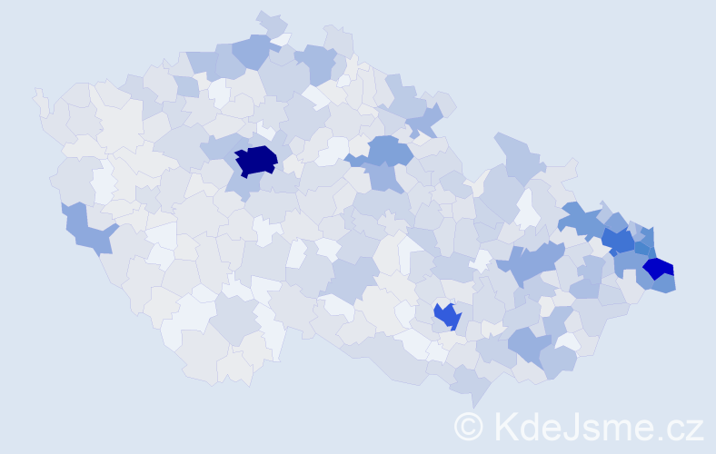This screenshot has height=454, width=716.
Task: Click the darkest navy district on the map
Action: click(255, 160)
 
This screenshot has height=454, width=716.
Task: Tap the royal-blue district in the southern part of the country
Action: click(448, 316)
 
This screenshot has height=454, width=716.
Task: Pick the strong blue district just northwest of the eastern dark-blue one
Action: click(619, 241)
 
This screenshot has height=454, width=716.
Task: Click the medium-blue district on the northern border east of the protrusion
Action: click(315, 61)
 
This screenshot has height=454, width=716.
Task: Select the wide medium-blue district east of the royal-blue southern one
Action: click(529, 344)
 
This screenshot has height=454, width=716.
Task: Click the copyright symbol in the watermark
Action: click(469, 425)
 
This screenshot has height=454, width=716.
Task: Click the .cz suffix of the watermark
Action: click(678, 426)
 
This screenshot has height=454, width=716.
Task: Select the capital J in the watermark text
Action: click(570, 426)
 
